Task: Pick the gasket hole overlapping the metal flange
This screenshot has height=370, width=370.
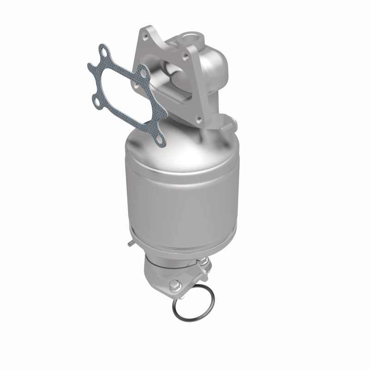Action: [x=142, y=73]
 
